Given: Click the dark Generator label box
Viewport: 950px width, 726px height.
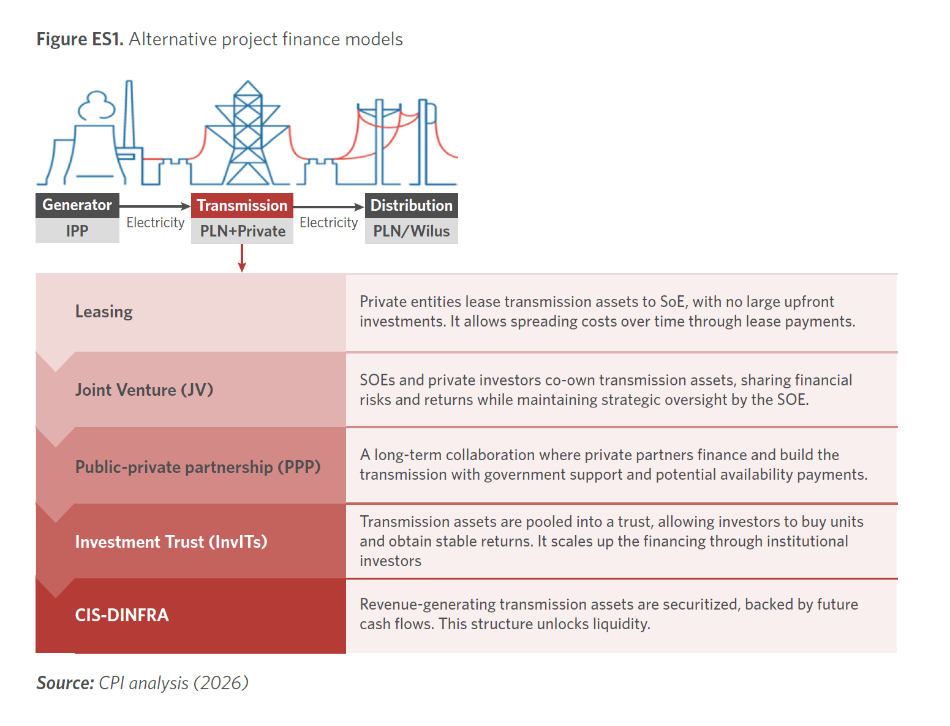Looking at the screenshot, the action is pyautogui.click(x=77, y=205).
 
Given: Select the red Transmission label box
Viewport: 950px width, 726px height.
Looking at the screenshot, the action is pyautogui.click(x=242, y=205).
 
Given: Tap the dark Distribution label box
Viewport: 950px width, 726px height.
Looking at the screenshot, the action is pyautogui.click(x=411, y=205).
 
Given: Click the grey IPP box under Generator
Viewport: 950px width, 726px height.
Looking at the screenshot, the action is pyautogui.click(x=77, y=231).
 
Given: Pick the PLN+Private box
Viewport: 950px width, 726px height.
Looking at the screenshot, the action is pyautogui.click(x=242, y=231).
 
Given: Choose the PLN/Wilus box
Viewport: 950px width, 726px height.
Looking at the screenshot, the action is pyautogui.click(x=411, y=231).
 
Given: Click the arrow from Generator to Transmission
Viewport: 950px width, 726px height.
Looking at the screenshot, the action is pyautogui.click(x=155, y=206).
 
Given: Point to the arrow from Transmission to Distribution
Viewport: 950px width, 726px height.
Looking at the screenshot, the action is pyautogui.click(x=329, y=207).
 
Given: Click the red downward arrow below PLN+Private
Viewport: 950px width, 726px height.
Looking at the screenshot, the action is pyautogui.click(x=242, y=258).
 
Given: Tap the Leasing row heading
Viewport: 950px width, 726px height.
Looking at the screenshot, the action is pyautogui.click(x=104, y=312).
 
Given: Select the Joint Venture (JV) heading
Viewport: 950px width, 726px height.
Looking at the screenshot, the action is pyautogui.click(x=144, y=390).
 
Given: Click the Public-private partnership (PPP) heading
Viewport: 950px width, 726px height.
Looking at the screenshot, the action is pyautogui.click(x=198, y=467).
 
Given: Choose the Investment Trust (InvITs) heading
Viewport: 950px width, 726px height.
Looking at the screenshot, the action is pyautogui.click(x=171, y=542).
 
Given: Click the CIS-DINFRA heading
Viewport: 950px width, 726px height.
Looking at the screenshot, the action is pyautogui.click(x=122, y=615).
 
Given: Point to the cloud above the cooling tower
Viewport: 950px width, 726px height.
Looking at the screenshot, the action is pyautogui.click(x=97, y=105).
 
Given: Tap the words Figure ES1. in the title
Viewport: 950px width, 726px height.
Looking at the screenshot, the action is pyautogui.click(x=80, y=39).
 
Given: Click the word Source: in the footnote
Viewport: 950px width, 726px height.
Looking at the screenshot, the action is pyautogui.click(x=65, y=683).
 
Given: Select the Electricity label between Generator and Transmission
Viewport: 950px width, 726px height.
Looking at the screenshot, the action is pyautogui.click(x=156, y=222).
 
